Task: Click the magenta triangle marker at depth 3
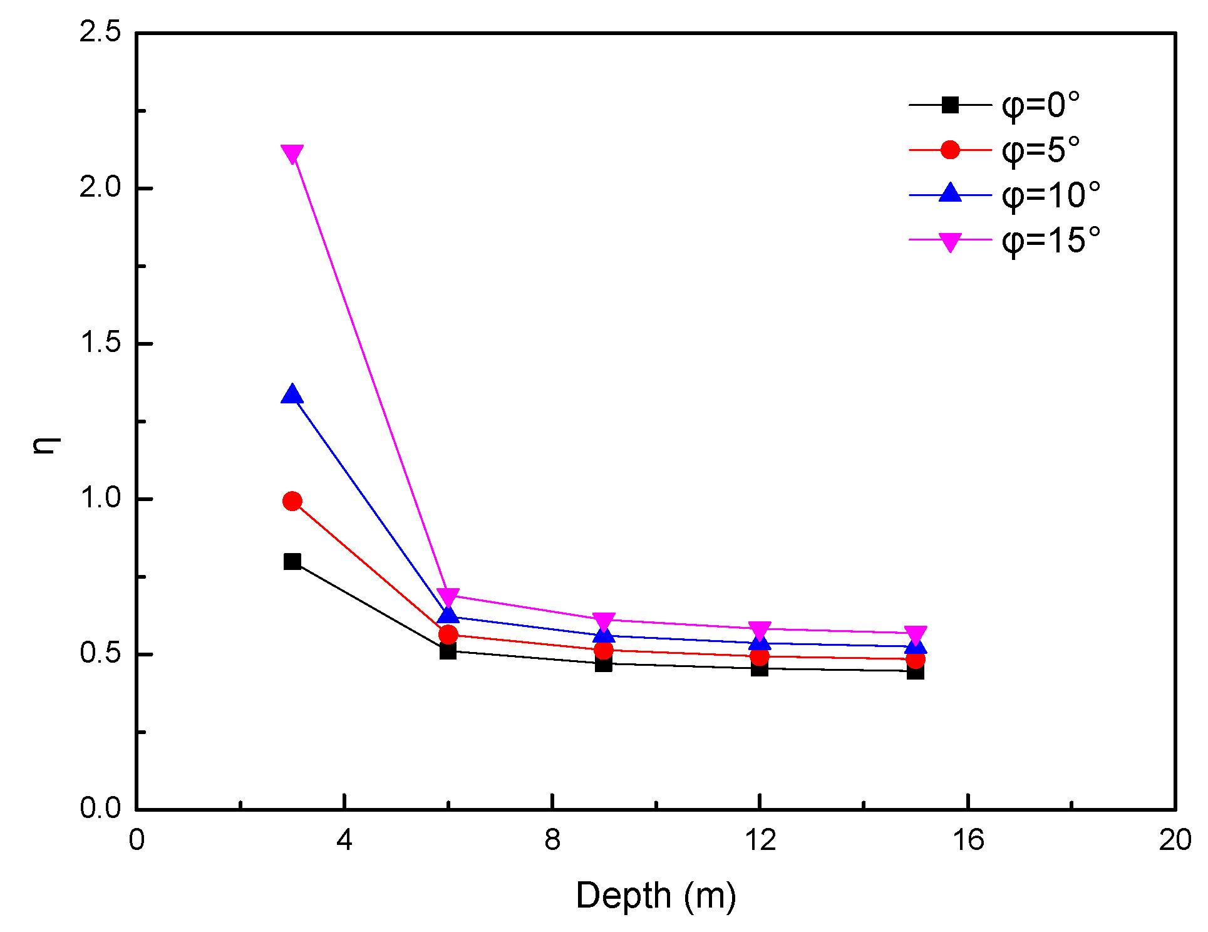[292, 153]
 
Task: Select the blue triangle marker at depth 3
[292, 395]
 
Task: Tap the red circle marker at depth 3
[292, 501]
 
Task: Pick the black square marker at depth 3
[292, 561]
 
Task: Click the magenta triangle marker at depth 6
[448, 596]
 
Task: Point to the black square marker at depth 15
[915, 671]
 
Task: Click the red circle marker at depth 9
[603, 650]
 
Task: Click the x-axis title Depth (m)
[655, 896]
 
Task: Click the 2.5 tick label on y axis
[100, 33]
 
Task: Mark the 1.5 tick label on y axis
[100, 343]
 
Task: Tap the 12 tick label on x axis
[760, 840]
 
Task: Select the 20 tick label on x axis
[1174, 840]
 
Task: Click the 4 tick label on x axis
[344, 840]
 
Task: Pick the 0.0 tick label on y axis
[100, 808]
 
